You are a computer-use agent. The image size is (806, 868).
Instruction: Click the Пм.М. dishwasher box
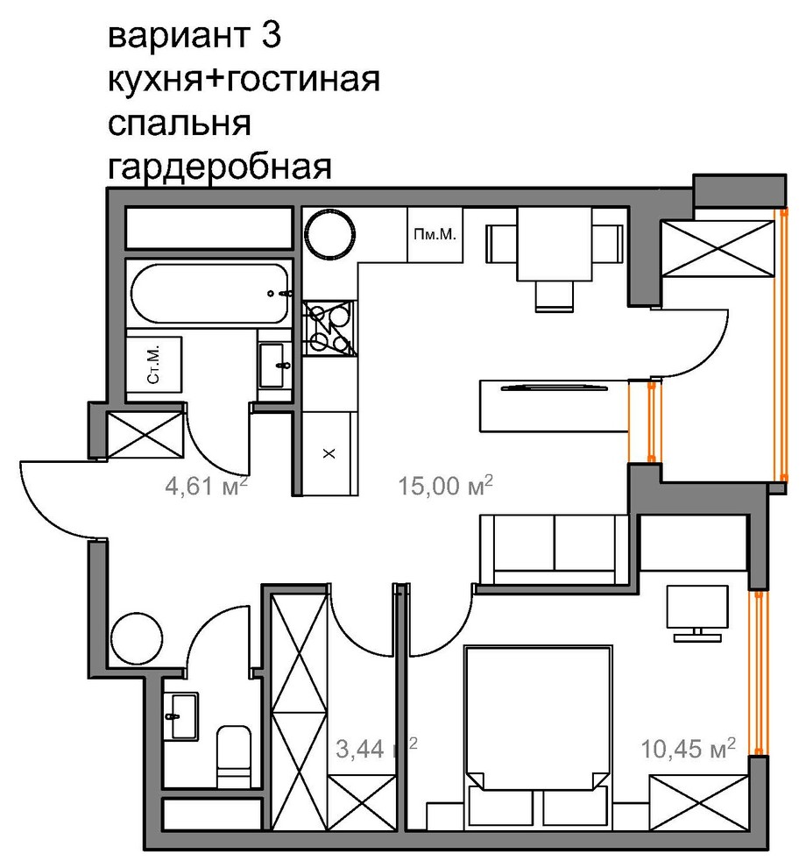(x=436, y=234)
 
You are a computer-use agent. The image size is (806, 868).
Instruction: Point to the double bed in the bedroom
(x=536, y=719)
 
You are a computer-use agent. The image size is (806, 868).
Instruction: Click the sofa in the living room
(x=555, y=548)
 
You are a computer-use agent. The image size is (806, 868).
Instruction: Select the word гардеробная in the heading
(x=219, y=167)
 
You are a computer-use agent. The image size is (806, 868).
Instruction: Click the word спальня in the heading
(x=179, y=124)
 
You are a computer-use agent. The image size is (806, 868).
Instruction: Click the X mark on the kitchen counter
(x=329, y=453)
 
